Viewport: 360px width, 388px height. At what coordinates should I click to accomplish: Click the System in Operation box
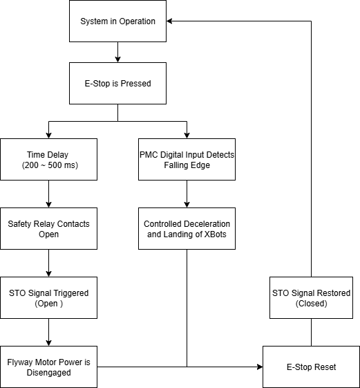coord(117,21)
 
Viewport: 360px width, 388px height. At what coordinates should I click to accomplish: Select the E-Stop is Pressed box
coord(117,84)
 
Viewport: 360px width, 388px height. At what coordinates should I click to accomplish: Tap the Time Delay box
coord(48,160)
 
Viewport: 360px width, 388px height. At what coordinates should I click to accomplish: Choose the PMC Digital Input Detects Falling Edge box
coord(187,160)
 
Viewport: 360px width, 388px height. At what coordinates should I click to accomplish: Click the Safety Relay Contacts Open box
coord(48,229)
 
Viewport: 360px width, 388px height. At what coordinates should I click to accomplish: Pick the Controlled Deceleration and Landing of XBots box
coord(187,229)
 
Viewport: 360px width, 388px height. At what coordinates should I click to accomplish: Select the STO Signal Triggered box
coord(48,298)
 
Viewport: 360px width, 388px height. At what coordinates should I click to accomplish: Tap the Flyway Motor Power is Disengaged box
coord(48,367)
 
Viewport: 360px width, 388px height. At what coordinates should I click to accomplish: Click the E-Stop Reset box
coord(310,367)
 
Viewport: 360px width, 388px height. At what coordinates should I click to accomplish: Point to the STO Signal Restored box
coord(310,298)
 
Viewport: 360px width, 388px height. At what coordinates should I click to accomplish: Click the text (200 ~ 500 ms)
coord(48,165)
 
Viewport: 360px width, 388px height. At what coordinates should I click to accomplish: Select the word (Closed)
coord(310,304)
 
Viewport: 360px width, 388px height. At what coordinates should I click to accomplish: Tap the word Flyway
coord(22,362)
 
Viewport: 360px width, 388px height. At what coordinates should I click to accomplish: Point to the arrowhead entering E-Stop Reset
coord(258,367)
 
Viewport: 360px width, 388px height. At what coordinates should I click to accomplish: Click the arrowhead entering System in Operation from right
coord(171,21)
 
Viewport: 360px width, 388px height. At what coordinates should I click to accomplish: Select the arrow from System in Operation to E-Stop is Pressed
coord(117,52)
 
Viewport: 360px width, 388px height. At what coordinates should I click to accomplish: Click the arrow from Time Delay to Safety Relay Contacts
coord(48,194)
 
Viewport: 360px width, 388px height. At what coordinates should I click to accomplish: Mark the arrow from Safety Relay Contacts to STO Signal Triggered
coord(48,263)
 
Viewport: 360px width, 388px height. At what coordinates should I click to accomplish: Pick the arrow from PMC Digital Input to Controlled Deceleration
coord(187,194)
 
